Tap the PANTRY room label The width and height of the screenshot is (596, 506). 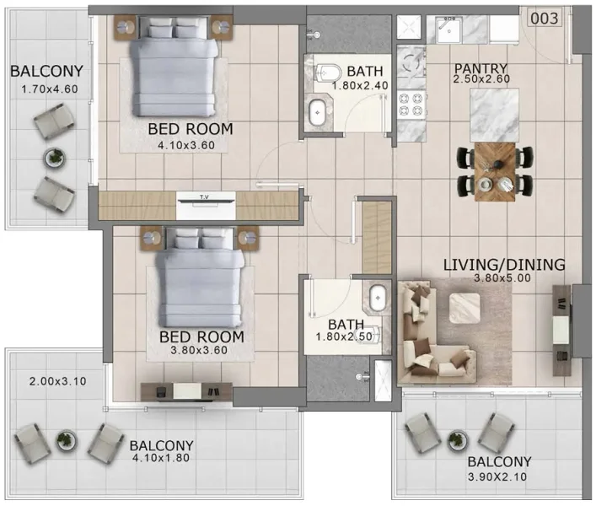click(481, 68)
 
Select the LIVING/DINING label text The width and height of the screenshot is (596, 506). click(503, 265)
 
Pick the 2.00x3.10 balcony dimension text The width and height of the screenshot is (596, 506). click(57, 381)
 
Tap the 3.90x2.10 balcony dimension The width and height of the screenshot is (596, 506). click(499, 477)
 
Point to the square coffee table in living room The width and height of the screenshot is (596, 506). click(464, 307)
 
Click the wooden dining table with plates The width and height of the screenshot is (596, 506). click(495, 171)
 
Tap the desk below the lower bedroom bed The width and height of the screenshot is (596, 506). click(185, 390)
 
